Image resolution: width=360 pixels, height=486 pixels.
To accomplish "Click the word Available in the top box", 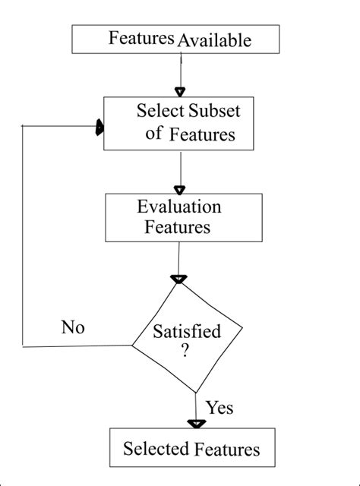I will click(214, 41).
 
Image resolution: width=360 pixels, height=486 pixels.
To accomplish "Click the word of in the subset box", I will click(153, 134).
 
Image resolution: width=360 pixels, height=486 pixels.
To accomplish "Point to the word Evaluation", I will click(179, 207).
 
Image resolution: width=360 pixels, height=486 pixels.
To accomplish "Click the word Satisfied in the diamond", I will click(187, 332).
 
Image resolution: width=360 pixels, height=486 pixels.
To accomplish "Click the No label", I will click(73, 328).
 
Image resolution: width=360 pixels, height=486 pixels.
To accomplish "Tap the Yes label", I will click(219, 408).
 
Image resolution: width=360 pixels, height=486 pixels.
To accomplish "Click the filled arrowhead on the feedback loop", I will click(99, 129).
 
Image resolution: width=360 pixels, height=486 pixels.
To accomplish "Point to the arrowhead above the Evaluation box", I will click(180, 189).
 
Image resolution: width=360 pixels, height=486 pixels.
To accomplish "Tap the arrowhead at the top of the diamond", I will click(178, 279).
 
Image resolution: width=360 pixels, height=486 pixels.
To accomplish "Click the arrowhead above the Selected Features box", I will click(197, 424).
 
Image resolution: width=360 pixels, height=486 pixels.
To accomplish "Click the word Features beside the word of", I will click(201, 135).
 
